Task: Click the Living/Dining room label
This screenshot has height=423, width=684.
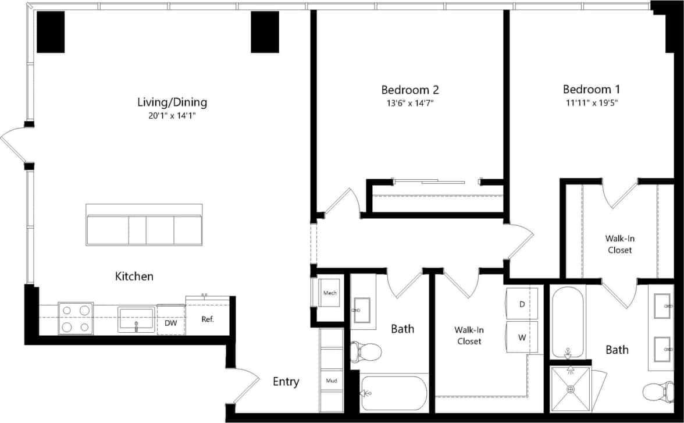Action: [x=172, y=102]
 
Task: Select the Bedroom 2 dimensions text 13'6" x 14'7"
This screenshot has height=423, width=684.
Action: [x=409, y=103]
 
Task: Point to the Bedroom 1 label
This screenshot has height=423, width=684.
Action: [x=591, y=90]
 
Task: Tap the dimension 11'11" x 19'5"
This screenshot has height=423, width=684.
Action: [x=591, y=103]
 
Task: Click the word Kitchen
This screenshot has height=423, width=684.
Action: [x=134, y=276]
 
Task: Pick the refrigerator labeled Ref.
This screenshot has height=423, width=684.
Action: [x=208, y=318]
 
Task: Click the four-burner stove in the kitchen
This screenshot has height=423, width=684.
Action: [x=76, y=319]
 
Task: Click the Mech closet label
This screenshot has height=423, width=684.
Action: [x=330, y=293]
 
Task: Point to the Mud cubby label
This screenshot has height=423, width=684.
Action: [x=331, y=381]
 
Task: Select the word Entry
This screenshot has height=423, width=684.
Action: [x=286, y=382]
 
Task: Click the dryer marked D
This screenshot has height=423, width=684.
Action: [x=522, y=304]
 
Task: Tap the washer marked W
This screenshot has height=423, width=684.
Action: [x=522, y=337]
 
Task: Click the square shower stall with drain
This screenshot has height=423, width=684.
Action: [x=571, y=389]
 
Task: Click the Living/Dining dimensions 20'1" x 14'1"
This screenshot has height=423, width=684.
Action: [x=172, y=116]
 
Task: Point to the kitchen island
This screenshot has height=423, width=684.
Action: [x=144, y=225]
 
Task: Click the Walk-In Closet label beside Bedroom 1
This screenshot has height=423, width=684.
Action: [x=619, y=244]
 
